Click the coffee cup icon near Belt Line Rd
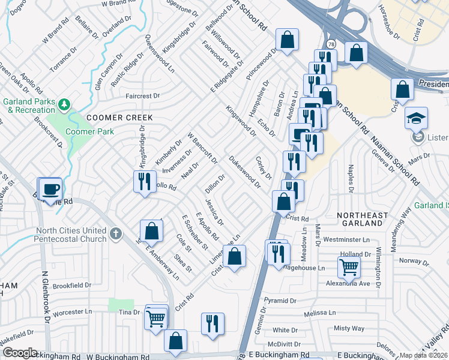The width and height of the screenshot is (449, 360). tap(50, 190)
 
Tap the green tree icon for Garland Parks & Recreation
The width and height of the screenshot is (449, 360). tap(64, 106)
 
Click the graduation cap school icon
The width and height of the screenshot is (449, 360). tap(416, 119)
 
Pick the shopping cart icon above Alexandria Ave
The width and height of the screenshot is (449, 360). tap(349, 267)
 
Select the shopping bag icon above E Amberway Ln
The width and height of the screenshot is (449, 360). tap(151, 230)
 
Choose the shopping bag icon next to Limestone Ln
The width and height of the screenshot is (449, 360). tap(235, 256)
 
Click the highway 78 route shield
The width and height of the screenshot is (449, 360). tap(331, 44)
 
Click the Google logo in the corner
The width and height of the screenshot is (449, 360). tap(20, 353)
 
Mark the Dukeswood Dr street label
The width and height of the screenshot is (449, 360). tap(244, 172)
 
